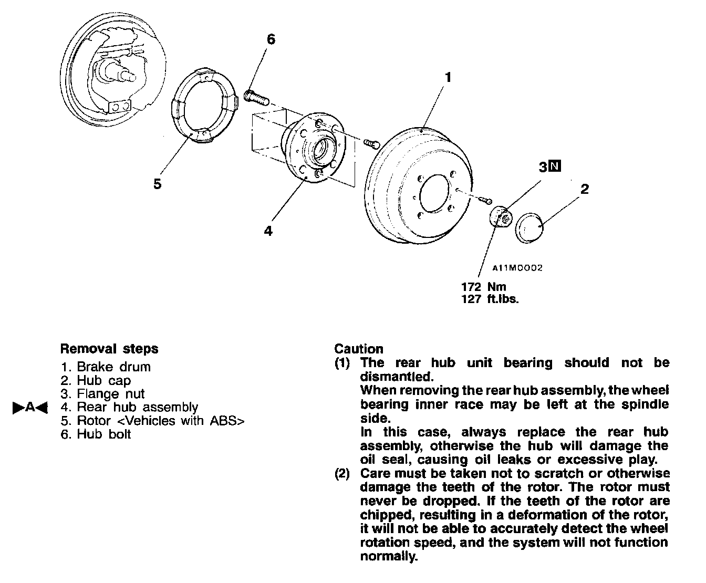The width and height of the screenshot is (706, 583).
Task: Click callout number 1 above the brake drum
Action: tap(448, 78)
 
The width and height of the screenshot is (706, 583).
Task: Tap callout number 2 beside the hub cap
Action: tap(585, 189)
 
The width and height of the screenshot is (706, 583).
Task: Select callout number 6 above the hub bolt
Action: tap(271, 40)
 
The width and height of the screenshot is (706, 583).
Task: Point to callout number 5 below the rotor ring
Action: tap(157, 184)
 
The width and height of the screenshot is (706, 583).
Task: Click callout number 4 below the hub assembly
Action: tap(268, 231)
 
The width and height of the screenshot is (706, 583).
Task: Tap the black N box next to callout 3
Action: tap(555, 166)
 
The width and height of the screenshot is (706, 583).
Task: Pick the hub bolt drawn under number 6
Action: tap(256, 97)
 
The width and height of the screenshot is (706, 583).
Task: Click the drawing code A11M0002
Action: tap(517, 268)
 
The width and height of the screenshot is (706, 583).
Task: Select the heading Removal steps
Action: tap(109, 349)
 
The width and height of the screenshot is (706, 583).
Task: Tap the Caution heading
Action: tap(359, 349)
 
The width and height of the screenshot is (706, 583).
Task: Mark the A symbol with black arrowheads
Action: tap(30, 407)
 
